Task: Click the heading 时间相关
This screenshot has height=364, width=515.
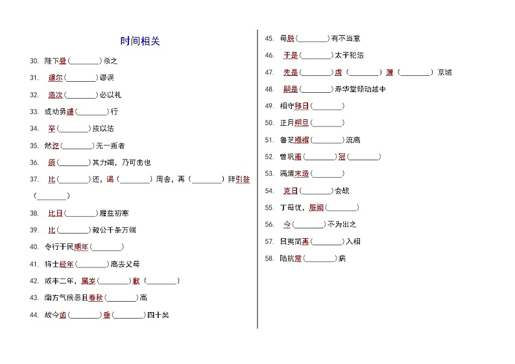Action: tap(140, 42)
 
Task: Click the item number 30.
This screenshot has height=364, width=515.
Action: tap(34, 61)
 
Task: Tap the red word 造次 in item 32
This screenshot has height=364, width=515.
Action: tap(55, 95)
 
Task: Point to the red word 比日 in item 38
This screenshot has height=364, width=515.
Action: tap(55, 213)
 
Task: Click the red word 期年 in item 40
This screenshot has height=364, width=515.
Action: tap(81, 247)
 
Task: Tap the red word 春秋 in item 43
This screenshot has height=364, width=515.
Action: tap(96, 297)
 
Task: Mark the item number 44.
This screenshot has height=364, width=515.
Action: tap(34, 315)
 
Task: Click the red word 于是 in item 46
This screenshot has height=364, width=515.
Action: tap(291, 55)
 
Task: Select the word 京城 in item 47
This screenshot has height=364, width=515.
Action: tap(445, 72)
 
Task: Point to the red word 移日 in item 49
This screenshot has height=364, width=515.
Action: tap(302, 106)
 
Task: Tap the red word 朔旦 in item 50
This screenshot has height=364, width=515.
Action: tap(302, 123)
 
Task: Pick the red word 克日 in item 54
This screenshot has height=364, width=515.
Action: tap(291, 191)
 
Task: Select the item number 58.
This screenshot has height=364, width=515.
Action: tap(269, 258)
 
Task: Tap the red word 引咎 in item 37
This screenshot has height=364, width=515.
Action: tap(243, 179)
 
